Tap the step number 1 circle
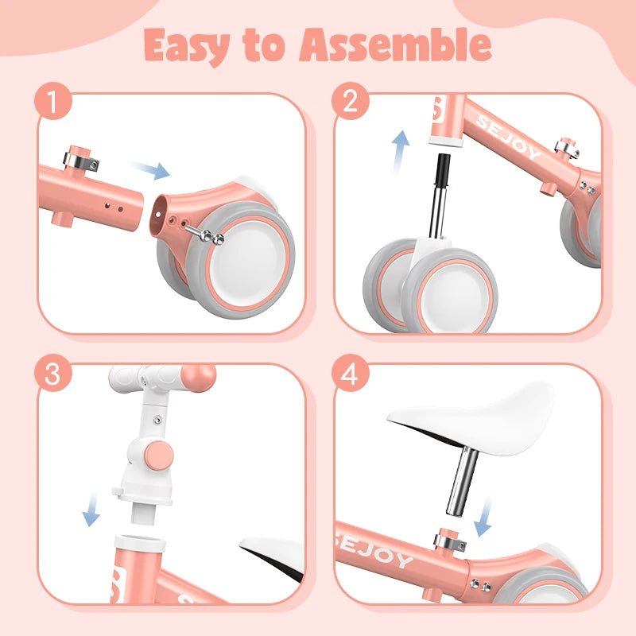(53, 103)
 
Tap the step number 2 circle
(350, 103)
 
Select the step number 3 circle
(53, 374)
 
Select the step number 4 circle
(350, 374)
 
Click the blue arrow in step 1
(150, 169)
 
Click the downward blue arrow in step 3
(92, 510)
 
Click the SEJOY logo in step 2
(509, 136)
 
